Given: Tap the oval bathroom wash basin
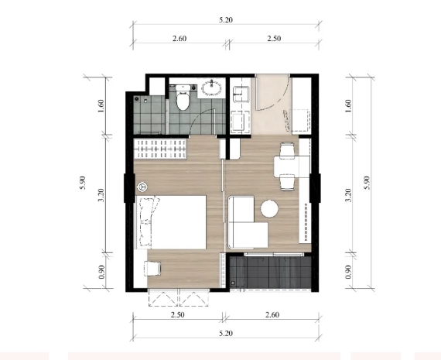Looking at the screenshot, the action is pos(211,87).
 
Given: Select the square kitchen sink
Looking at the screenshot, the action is pos(241,94).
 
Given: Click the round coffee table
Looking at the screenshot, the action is pos(269,208).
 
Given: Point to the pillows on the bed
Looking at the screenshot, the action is pos(147,221).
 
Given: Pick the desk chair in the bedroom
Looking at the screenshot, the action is pos(152,269).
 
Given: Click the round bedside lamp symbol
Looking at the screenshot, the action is pos(142,187).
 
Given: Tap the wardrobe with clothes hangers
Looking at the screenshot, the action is pos(160,149).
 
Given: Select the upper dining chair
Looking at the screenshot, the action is pos(287,149).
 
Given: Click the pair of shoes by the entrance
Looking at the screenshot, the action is pos(287,121).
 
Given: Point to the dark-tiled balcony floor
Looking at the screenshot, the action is pos(270,272).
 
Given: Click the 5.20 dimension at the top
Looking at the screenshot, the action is pos(226,20).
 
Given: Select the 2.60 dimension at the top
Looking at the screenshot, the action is pos(179,39).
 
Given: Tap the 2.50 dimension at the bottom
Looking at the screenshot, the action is pos(178,314).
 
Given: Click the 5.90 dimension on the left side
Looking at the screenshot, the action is pos(83,183).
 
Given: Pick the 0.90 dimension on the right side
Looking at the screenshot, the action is pos(348,272).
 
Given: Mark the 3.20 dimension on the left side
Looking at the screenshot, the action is pos(101,195).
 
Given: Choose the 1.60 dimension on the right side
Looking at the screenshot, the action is pos(348,106).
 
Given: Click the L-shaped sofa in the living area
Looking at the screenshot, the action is pos(247,223).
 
